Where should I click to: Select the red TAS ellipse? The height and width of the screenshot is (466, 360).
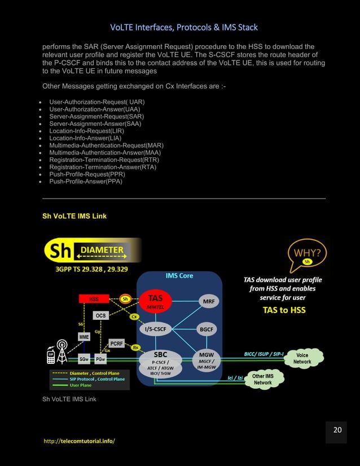155,300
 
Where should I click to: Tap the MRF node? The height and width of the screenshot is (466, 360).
208,301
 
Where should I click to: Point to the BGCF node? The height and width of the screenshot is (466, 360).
208,329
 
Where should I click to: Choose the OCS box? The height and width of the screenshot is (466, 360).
100,315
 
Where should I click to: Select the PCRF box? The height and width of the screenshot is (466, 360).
116,343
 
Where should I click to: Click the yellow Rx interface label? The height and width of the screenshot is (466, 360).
135,348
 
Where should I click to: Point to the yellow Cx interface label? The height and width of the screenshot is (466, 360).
134,316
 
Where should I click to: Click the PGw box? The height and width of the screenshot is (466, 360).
100,359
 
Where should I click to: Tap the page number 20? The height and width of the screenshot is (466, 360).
337,430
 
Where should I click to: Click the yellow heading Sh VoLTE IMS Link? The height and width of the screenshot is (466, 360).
74,216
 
